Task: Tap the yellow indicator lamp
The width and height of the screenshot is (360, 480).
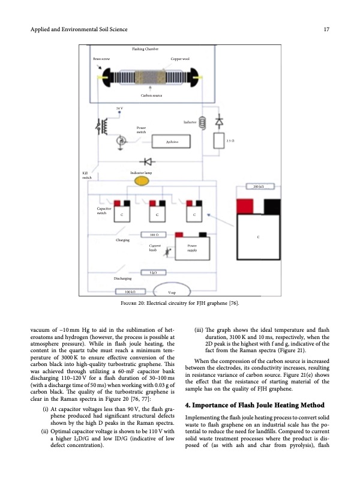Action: pos(142,182)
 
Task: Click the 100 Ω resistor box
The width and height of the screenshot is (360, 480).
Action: pos(154,234)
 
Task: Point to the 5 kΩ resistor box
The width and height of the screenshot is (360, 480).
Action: pos(154,273)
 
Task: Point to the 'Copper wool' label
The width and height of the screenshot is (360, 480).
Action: pos(181,61)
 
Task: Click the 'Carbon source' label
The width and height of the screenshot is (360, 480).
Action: pos(151,95)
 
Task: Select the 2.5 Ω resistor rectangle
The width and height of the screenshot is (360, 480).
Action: pos(217,140)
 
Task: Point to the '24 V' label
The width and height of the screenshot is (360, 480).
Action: pos(119,108)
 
